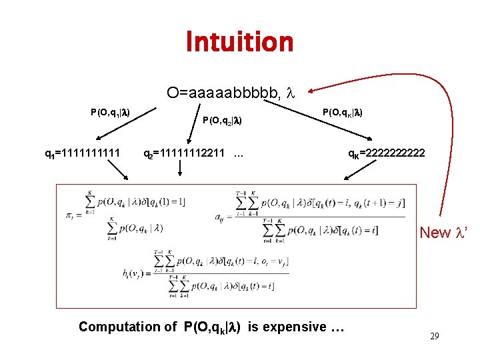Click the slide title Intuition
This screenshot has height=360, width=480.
pos(239,41)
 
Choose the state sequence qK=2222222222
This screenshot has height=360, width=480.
pos(386,154)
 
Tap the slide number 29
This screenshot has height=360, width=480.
pos(434,337)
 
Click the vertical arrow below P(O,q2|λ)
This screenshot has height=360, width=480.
pos(180,171)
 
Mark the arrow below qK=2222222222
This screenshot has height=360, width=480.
pos(353,173)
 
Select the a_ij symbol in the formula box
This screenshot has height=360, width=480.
pos(219,216)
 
